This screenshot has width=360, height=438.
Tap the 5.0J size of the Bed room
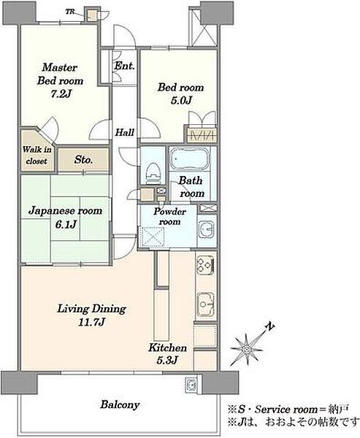[x=181, y=100]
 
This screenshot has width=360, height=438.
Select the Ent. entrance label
[x=124, y=66]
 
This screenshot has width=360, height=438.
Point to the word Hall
[x=125, y=132]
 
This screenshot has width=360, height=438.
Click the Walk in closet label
[x=37, y=155]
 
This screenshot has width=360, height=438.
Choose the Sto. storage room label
[x=83, y=160]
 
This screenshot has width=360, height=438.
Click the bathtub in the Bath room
[x=190, y=158]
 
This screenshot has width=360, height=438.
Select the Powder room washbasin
[x=206, y=230]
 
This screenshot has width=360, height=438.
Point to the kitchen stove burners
[x=205, y=265]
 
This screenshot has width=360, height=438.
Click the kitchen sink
[x=205, y=304]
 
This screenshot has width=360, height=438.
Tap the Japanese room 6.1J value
[x=66, y=224]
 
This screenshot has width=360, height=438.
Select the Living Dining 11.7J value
[x=92, y=323]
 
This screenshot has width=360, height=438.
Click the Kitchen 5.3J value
[x=167, y=361]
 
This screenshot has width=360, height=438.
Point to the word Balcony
[x=120, y=404]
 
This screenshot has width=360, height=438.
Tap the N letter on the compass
[x=269, y=326]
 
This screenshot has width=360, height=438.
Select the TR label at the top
[x=70, y=12]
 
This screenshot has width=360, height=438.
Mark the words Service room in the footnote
[x=286, y=410]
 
